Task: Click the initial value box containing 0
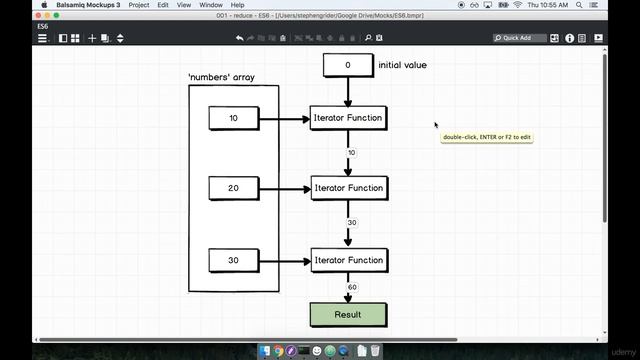point(348,65)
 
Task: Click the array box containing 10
point(234,118)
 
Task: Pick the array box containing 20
point(234,188)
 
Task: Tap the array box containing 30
point(234,260)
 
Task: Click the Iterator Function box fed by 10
point(348,118)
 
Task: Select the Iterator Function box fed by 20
point(348,188)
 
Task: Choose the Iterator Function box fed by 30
point(348,260)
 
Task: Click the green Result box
point(348,314)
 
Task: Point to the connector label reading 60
point(352,288)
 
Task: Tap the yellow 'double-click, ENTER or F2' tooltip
point(487,137)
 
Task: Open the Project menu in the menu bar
point(139,5)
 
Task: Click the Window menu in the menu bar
point(211,5)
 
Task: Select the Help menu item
point(237,5)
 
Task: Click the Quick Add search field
point(520,38)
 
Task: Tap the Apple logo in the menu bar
point(44,5)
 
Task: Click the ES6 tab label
point(44,27)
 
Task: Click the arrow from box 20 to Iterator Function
point(284,188)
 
